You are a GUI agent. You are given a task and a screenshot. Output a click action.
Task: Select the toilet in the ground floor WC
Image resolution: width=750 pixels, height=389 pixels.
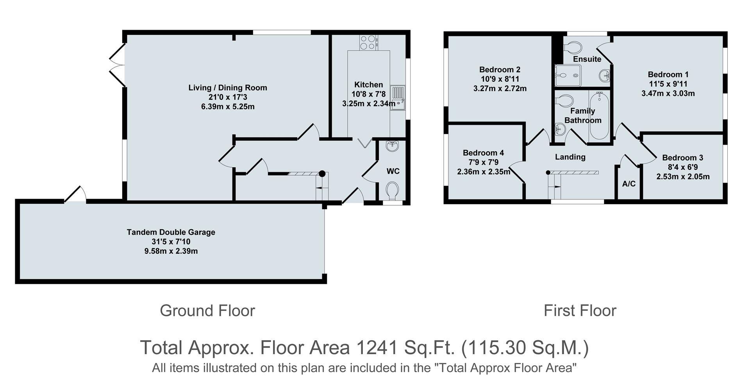(392, 191)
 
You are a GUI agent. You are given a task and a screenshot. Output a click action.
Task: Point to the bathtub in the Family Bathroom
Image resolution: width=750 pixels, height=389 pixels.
(599, 116)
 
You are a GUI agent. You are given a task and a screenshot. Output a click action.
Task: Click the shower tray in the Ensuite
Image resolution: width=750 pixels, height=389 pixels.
(568, 75)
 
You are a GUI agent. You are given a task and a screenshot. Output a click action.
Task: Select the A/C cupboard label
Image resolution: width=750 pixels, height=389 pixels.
(629, 184)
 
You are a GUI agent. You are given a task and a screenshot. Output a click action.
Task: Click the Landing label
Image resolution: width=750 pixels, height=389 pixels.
(570, 157)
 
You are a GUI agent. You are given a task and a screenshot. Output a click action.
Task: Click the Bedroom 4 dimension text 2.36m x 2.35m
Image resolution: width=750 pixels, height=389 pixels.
(484, 172)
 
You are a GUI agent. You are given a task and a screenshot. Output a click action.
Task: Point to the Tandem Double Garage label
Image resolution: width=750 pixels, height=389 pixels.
(171, 232)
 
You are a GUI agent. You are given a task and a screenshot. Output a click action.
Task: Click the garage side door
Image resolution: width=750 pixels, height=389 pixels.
(75, 195)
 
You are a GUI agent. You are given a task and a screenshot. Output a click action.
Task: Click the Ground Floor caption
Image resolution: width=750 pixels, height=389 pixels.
(207, 311)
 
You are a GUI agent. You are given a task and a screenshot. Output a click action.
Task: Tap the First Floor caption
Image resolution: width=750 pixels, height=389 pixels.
(580, 311)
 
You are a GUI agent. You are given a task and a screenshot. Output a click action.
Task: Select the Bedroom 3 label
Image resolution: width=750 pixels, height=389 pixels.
(682, 158)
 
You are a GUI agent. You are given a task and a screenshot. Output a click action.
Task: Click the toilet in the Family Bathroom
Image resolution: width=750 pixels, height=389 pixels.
(563, 101)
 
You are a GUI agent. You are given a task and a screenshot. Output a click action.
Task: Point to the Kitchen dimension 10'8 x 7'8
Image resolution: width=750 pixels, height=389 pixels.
(368, 94)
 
